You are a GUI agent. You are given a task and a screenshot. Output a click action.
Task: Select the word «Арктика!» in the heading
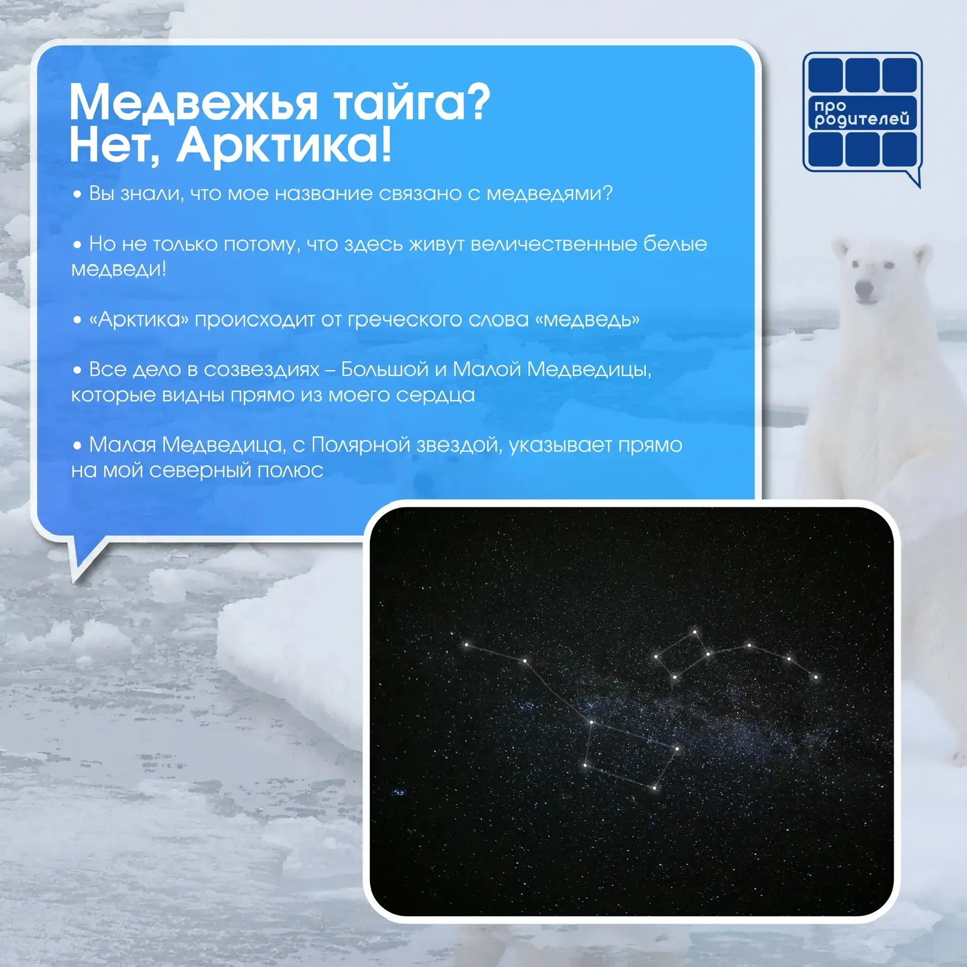pos(283,145)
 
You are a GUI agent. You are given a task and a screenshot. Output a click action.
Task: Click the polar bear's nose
pos(864,288)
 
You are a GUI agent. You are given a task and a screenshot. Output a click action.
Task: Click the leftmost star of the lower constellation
pos(466,644)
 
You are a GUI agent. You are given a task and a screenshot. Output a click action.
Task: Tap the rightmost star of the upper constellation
pos(815,677)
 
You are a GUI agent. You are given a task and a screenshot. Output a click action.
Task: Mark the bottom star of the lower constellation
pos(655,788)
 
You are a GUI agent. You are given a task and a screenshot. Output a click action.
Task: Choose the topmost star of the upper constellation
pos(695,632)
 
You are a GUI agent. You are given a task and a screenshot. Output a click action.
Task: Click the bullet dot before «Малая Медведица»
pos(77,445)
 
